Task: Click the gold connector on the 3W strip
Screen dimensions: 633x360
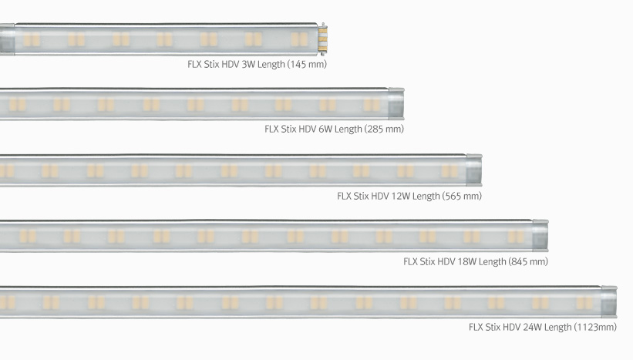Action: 322,39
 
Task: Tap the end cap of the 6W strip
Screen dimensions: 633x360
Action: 396,104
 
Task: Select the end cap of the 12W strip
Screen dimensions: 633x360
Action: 474,170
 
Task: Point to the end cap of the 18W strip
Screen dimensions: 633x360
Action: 540,236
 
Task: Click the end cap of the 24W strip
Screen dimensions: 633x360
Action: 609,302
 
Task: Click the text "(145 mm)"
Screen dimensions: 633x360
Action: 307,64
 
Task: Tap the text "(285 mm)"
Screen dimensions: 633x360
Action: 384,130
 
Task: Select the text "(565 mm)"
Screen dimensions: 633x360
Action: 462,196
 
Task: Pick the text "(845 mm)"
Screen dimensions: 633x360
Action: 528,261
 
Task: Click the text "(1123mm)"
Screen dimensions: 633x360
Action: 595,327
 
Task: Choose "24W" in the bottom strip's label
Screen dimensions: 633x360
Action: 534,327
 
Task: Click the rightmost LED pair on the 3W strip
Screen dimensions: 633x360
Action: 299,39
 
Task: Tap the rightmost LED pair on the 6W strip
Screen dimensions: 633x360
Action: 372,105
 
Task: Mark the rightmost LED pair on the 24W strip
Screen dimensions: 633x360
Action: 584,303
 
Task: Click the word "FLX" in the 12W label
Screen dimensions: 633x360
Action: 344,196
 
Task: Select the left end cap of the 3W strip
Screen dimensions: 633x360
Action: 7,39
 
